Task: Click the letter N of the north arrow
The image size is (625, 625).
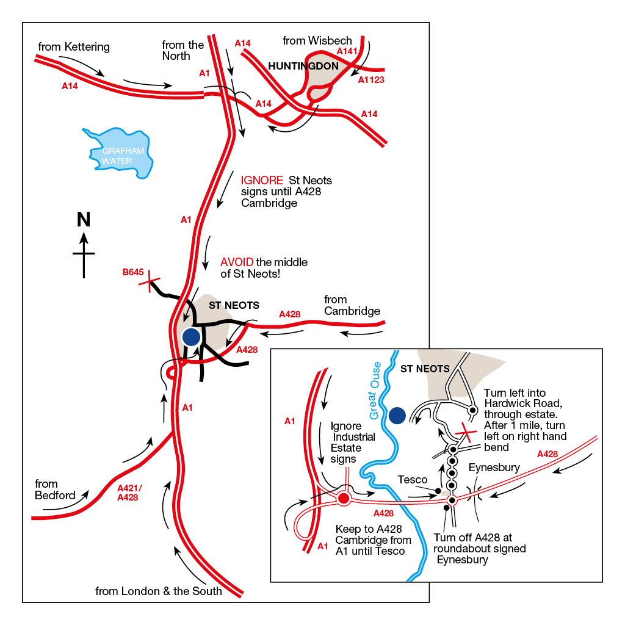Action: (83, 220)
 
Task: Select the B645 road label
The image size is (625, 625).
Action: (132, 272)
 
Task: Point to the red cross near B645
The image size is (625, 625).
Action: (149, 283)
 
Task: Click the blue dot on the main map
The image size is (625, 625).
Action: (191, 336)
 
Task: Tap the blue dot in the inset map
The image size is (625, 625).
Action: (397, 416)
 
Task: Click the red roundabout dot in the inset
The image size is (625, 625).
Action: (344, 499)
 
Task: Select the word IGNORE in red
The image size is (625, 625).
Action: (262, 181)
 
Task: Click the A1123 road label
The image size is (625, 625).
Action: (371, 80)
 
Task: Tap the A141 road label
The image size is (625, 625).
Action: (347, 52)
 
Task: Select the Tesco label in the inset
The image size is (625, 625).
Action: (412, 480)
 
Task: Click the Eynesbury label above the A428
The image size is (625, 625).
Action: (494, 468)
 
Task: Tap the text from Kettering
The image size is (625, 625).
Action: (74, 47)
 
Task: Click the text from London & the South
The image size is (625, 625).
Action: (159, 591)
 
